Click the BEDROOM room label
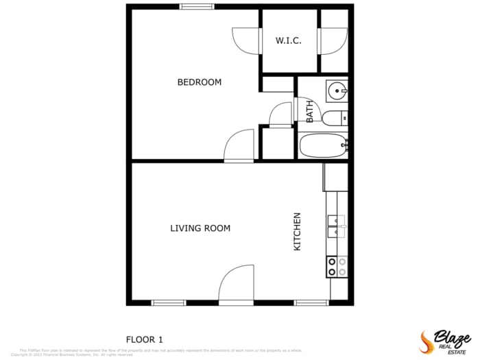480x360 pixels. click(199, 82)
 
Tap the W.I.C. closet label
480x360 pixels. click(289, 41)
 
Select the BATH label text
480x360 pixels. click(310, 112)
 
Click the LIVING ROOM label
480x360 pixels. click(200, 228)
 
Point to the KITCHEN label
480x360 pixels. click(298, 231)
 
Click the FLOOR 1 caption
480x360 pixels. click(145, 339)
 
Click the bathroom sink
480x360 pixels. click(337, 91)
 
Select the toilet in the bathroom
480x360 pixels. click(335, 119)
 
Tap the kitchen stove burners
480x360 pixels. click(337, 267)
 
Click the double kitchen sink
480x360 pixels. click(336, 226)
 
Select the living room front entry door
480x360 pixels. click(235, 285)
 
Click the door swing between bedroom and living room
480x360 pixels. click(239, 145)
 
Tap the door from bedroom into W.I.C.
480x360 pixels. click(246, 41)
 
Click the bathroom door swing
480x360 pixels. click(281, 115)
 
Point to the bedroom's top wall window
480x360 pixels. click(197, 7)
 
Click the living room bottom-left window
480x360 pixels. click(169, 302)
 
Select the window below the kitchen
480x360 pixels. click(311, 302)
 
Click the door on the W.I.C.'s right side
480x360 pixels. click(333, 40)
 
